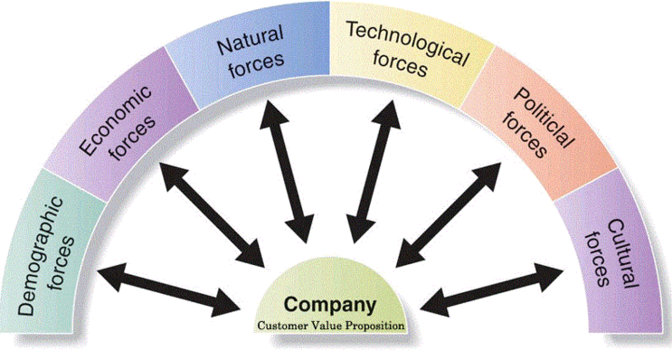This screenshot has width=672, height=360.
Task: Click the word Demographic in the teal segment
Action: [x=40, y=256]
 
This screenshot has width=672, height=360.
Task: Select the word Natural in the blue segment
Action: [x=251, y=41]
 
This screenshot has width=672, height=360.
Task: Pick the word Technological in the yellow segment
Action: [x=407, y=43]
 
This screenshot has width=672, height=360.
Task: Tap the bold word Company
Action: [x=329, y=305]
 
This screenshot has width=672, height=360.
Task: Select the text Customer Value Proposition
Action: [x=331, y=326]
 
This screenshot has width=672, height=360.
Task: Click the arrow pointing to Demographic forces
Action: [x=168, y=290]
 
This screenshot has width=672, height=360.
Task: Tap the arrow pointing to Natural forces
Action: [x=287, y=171]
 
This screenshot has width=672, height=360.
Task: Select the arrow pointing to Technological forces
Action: [x=374, y=172]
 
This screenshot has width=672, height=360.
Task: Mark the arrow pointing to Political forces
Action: [x=448, y=214]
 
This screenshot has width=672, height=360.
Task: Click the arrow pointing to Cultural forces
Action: [x=492, y=290]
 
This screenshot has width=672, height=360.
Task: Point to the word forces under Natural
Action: [x=257, y=65]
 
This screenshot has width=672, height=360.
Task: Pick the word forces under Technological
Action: [x=401, y=64]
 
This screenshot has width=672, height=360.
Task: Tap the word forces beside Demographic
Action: [x=62, y=263]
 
